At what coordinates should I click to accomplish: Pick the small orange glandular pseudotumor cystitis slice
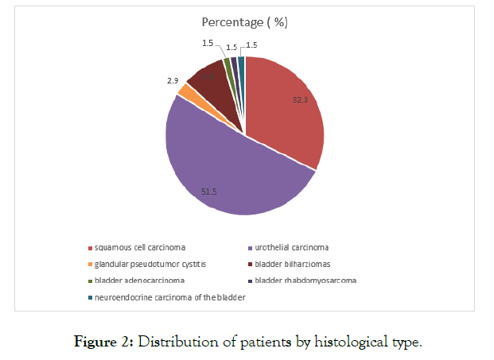coord(185,91)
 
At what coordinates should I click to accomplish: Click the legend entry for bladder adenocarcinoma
coord(139,281)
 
